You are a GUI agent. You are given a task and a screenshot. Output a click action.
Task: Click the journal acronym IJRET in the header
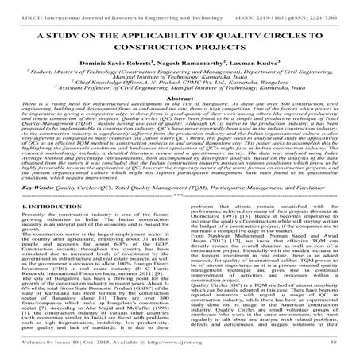tap(18, 6)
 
